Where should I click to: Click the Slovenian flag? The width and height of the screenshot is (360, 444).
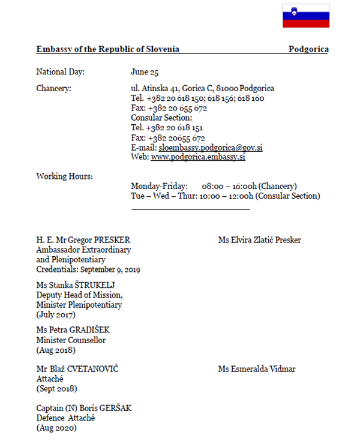click(x=306, y=16)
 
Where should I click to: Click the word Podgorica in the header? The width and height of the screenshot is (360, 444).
click(x=308, y=49)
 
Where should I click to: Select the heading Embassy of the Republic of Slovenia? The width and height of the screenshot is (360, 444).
click(x=107, y=49)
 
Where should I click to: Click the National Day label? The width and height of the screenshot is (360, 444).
click(x=60, y=72)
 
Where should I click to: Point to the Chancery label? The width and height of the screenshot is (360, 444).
click(x=53, y=89)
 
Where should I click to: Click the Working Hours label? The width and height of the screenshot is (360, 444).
click(x=64, y=176)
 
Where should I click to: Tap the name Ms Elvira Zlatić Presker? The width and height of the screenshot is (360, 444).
click(x=259, y=240)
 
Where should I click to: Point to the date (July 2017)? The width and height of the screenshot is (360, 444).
click(x=56, y=314)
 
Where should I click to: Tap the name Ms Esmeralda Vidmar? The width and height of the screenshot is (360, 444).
click(x=256, y=369)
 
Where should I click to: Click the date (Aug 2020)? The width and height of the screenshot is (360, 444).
click(x=56, y=428)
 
